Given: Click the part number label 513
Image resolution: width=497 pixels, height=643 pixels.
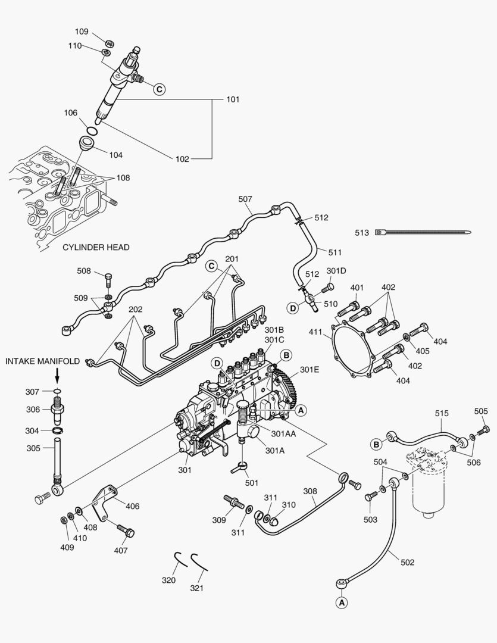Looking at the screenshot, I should tap(362, 233).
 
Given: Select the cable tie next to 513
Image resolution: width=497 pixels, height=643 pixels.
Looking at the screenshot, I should tap(423, 233).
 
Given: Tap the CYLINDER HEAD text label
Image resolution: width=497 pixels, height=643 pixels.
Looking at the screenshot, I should tap(95, 247).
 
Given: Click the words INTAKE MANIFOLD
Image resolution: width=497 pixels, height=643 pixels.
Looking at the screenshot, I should tap(43, 361).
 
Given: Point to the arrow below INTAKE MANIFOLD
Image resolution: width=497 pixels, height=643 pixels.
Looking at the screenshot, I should tap(57, 376).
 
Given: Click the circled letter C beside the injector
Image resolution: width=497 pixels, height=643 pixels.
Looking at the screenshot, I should tap(159, 89).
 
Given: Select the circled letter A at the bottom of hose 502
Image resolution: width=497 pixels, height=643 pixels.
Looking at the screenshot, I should tap(342, 603).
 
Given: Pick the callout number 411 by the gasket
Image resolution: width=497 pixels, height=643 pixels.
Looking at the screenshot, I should tap(315, 332).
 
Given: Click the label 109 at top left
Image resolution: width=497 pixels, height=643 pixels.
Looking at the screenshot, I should tap(82, 32).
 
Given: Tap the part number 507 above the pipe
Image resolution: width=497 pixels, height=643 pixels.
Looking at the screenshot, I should tap(245, 199).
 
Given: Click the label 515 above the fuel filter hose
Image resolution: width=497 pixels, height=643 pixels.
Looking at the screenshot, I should tap(442, 413).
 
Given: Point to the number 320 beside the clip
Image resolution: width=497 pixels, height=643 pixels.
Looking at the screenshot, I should tap(169, 580).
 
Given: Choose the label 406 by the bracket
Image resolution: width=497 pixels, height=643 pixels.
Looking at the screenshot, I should tap(132, 506).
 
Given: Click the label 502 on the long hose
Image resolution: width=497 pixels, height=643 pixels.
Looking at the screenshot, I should tap(407, 563).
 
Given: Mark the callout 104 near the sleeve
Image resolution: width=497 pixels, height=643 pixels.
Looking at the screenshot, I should tap(115, 155).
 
